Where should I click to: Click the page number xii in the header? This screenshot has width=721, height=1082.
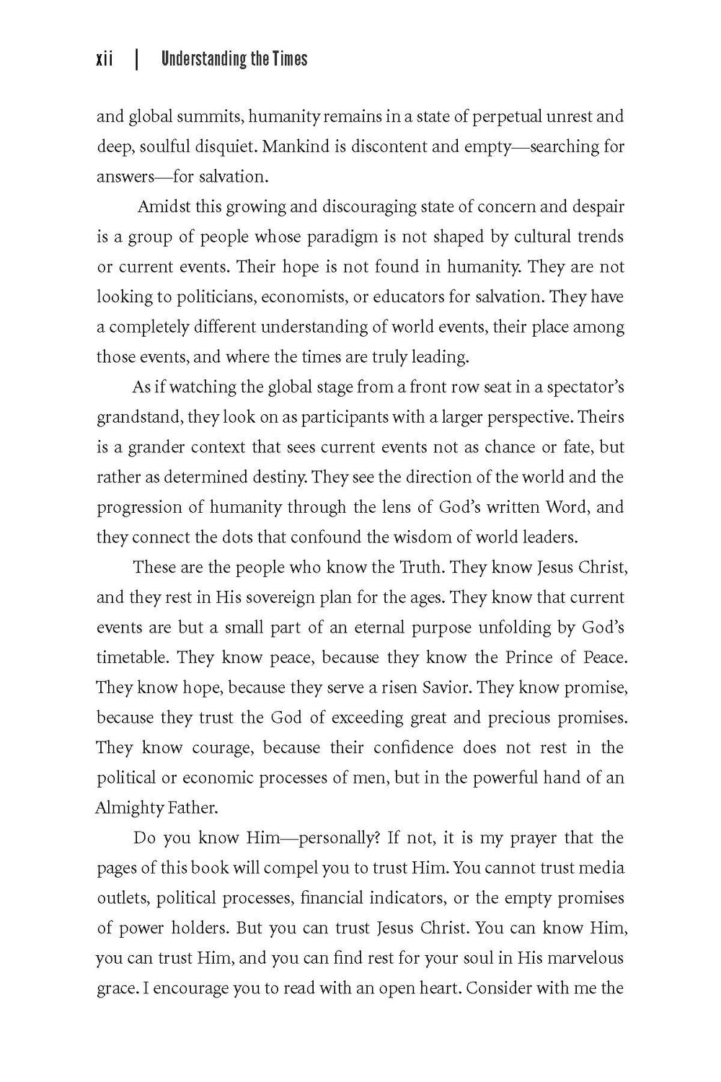105,59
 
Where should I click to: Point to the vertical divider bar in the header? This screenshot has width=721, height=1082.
136,59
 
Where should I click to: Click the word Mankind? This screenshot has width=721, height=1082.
293,147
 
